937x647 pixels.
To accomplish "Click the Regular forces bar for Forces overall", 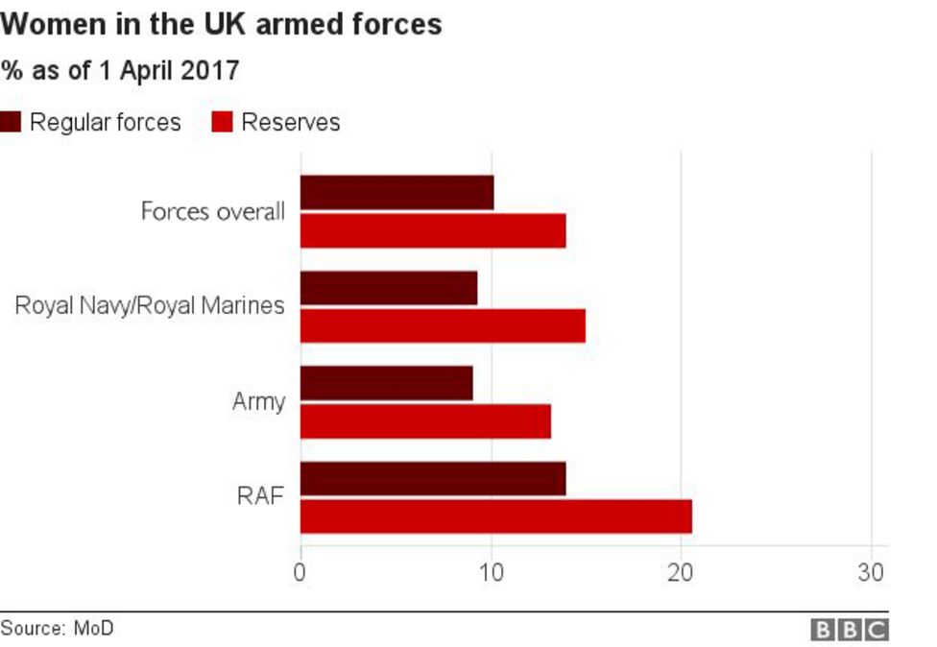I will point(396,192).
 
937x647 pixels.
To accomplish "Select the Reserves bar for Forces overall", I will point(433,230).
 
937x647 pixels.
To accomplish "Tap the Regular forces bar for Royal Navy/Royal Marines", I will point(389,288).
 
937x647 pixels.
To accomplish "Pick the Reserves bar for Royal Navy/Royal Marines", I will point(443,326).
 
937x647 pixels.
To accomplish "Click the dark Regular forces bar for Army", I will point(386,383).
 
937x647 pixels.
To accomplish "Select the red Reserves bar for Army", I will point(425,421).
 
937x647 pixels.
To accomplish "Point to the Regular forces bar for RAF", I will point(433,478).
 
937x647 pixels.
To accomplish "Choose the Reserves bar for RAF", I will point(495,516).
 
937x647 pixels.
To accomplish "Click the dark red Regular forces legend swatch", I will point(12,123).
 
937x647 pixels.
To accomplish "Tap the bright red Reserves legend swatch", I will point(222,123).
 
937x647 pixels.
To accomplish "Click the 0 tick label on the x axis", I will point(300,572).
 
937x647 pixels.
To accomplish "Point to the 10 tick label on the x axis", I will point(491,572).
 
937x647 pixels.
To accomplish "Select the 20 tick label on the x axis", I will point(681,572).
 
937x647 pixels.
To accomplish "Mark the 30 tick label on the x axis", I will point(871,572).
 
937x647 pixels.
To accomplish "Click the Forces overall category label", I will point(212,211).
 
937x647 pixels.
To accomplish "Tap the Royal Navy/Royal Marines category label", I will point(150,306).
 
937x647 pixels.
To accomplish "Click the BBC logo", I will point(850,630).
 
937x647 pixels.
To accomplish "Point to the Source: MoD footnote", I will point(57,629).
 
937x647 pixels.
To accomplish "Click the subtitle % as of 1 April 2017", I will point(120,70).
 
